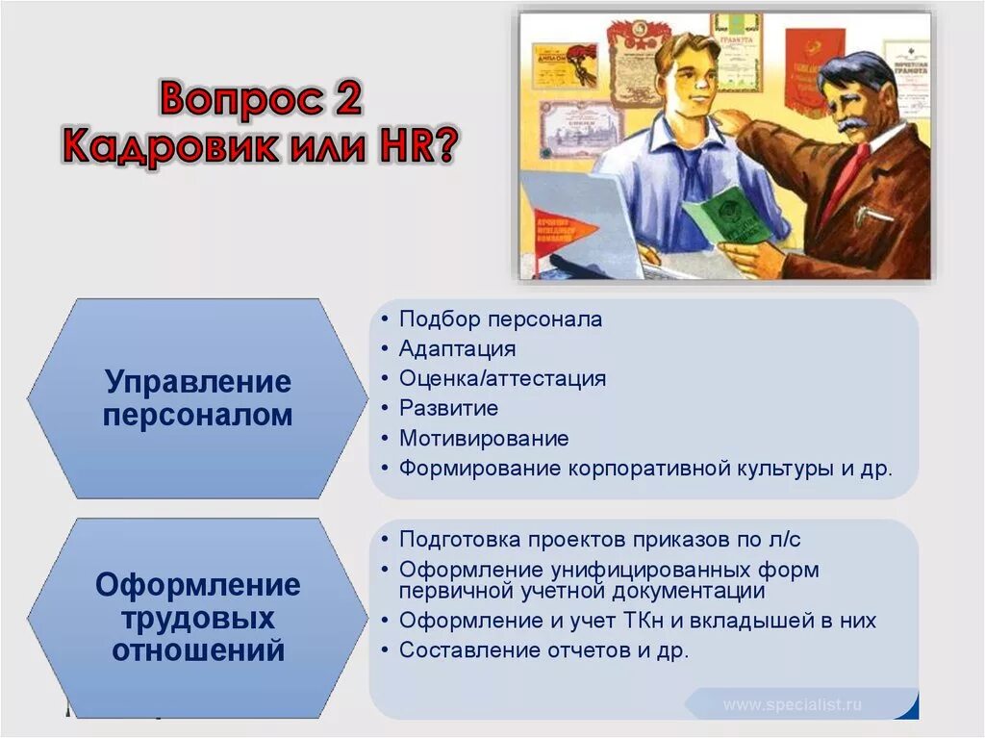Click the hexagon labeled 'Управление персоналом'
click(x=197, y=398)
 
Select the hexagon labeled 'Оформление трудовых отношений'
click(x=197, y=618)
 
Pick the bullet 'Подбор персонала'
click(x=500, y=319)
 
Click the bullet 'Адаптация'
click(x=458, y=348)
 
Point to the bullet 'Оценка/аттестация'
click(x=502, y=378)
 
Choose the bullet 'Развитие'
click(x=449, y=408)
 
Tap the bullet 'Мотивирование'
click(x=484, y=439)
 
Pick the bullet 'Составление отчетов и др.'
click(x=543, y=650)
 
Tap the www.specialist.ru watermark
click(x=793, y=704)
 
